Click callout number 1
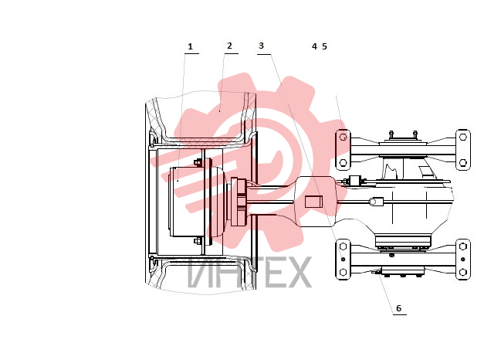191,46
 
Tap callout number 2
229,46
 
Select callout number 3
261,46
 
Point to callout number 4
314,46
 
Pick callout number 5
324,46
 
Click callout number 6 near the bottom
398,308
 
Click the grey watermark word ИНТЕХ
249,272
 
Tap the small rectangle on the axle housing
313,202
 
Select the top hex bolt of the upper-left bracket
344,138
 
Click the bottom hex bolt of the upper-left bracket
344,163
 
